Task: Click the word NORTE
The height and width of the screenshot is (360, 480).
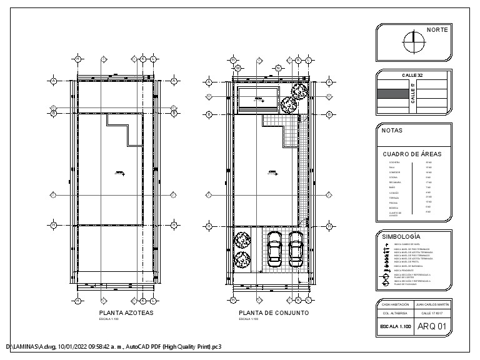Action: [x=436, y=30]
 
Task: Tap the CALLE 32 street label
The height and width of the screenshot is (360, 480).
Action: [x=412, y=75]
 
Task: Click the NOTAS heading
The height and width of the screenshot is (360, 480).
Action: [x=392, y=131]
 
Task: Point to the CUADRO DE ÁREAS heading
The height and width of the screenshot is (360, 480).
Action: [x=412, y=153]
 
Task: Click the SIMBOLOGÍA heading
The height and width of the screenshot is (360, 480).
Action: [x=401, y=237]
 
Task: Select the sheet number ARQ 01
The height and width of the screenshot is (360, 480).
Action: [x=431, y=326]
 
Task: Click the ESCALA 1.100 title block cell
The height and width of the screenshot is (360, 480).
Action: [x=395, y=326]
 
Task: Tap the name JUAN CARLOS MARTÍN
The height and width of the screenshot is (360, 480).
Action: [x=431, y=304]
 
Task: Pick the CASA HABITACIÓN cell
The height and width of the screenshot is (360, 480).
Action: [x=395, y=304]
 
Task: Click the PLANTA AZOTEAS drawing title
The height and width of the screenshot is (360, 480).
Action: [x=126, y=312]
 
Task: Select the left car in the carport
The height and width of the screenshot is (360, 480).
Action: [x=274, y=249]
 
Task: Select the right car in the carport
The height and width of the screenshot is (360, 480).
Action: [x=295, y=249]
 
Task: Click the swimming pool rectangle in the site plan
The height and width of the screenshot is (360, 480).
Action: [x=257, y=99]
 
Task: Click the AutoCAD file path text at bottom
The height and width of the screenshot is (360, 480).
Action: [x=112, y=346]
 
